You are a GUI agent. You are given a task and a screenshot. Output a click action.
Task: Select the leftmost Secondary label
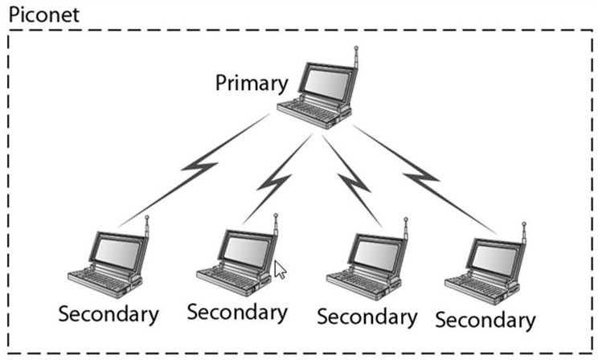108,313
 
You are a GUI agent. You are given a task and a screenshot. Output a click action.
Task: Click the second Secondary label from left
237,310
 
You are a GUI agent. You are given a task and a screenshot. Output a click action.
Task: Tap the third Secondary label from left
367,316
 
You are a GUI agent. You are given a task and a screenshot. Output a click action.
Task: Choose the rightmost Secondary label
485,318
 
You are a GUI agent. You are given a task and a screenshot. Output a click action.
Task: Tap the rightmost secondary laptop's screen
493,256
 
